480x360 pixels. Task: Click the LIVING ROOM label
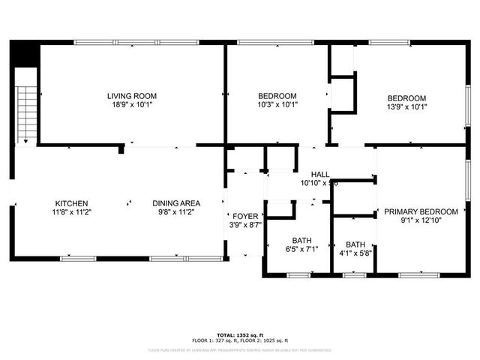[x=131, y=96]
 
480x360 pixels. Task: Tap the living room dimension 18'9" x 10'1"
[x=131, y=106]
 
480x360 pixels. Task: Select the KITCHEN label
[x=72, y=203]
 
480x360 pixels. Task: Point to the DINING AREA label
[x=176, y=203]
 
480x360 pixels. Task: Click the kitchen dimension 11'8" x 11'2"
[x=72, y=213]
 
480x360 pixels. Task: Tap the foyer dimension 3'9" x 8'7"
[x=244, y=224]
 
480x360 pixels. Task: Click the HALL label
[x=320, y=173]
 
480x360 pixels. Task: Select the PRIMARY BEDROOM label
[x=421, y=212]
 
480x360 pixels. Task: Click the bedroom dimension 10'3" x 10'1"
[x=277, y=106]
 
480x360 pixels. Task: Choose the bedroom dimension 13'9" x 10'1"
[x=406, y=107]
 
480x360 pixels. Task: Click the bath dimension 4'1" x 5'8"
[x=355, y=254]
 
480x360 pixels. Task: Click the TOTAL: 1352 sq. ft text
[x=239, y=334]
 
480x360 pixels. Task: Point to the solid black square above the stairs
[x=26, y=54]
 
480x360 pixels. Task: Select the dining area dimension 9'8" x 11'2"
[x=176, y=213]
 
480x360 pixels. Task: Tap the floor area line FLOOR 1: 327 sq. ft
[x=214, y=340]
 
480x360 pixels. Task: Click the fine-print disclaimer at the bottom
[x=239, y=349]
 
